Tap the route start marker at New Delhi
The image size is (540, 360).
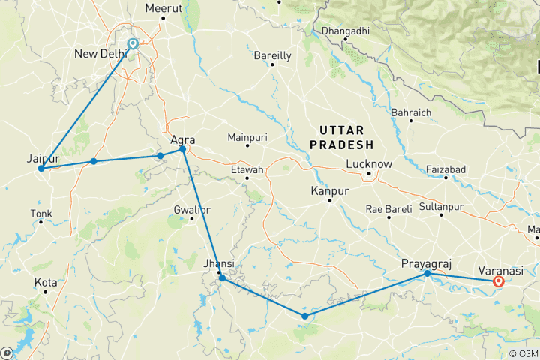(133, 43)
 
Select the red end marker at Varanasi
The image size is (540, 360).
(498, 282)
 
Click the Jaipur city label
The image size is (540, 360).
(42, 159)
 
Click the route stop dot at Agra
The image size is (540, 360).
(182, 150)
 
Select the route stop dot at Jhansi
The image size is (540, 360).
(222, 278)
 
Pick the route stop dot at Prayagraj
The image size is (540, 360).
(427, 274)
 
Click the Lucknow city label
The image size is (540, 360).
(369, 164)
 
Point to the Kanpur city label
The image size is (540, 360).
(329, 192)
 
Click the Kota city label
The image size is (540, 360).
(46, 282)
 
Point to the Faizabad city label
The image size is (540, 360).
(445, 169)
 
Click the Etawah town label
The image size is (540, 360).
(247, 170)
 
